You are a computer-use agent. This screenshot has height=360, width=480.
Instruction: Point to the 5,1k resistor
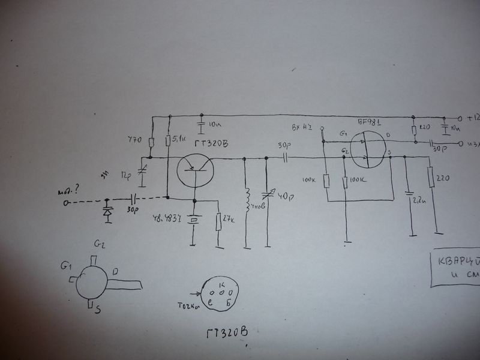169,141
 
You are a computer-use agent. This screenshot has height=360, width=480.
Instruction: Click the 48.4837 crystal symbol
193,220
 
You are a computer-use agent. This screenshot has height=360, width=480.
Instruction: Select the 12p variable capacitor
143,170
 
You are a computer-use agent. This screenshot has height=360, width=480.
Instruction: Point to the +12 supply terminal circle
461,117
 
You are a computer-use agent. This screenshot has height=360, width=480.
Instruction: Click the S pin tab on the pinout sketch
91,307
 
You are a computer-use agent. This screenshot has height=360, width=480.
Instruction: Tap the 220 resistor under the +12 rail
415,130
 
